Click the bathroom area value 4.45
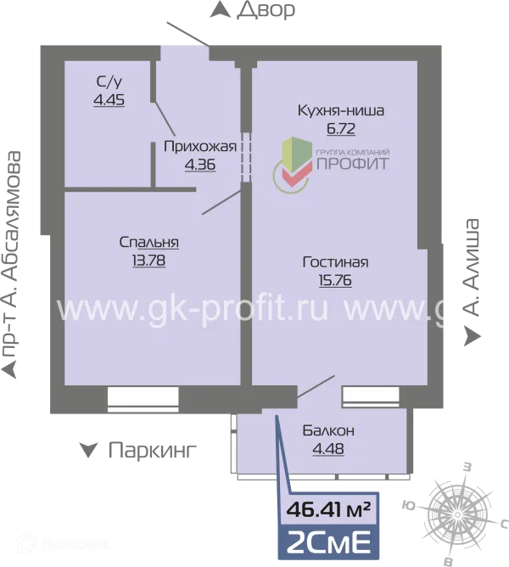coord(109,100)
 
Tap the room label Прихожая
coord(200,147)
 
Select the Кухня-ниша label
coord(340,110)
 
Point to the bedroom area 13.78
coord(148,261)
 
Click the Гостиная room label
coord(335,262)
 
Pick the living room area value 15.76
coord(335,280)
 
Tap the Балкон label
coord(328,430)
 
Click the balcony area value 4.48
coord(328,449)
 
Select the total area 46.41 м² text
coord(328,510)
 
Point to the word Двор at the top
coord(266,10)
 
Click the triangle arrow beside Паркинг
coord(88,451)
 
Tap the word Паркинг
coord(153,451)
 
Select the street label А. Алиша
coord(471,267)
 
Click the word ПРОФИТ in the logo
coord(353,164)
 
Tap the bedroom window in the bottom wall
coord(143,400)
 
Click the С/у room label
coord(109,82)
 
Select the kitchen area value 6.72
coord(340,129)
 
